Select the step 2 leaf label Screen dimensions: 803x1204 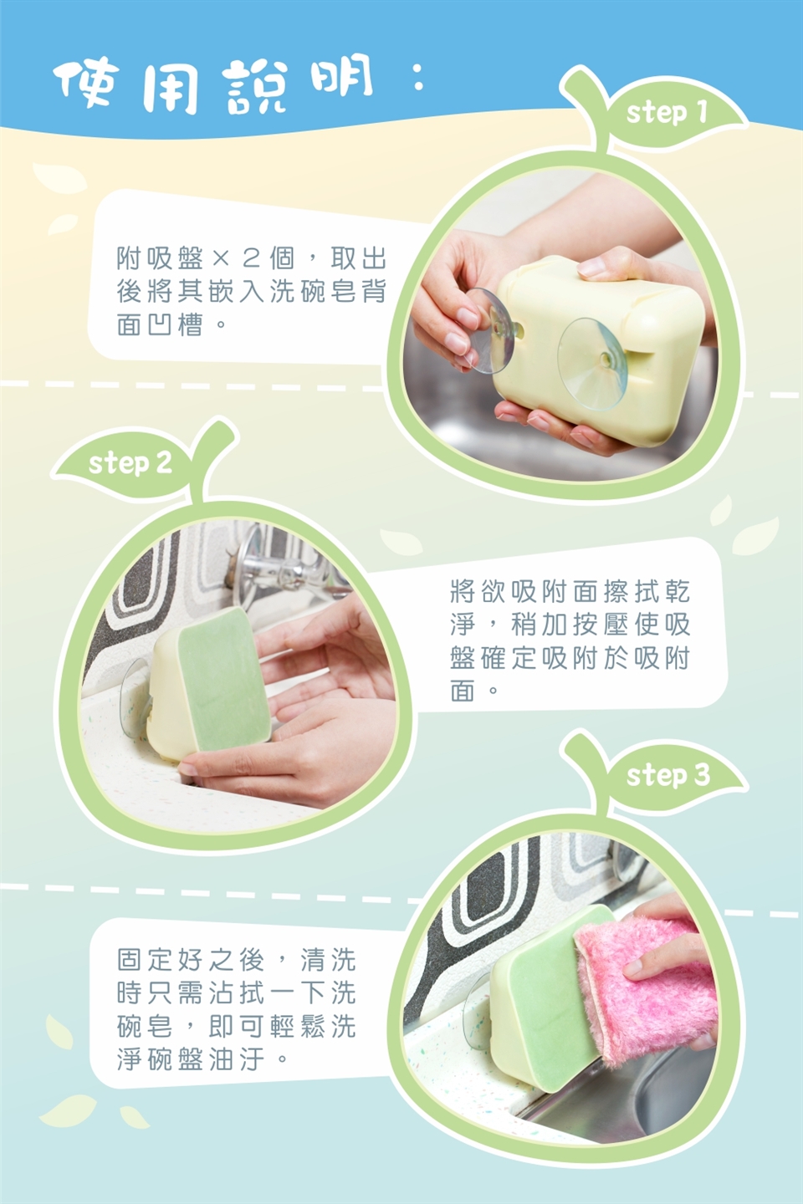point(130,463)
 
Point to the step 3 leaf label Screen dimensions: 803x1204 point(668,775)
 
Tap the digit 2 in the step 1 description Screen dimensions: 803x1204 point(251,259)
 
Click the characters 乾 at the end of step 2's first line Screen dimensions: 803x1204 point(678,591)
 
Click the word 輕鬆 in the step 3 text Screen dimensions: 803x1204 point(299,1027)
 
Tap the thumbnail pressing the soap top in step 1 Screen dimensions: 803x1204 point(591,264)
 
